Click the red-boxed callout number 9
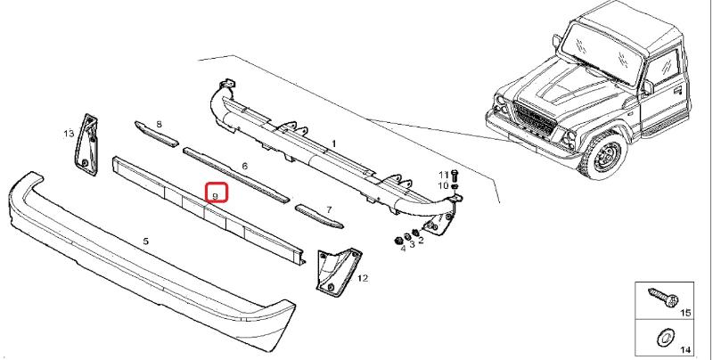(216, 196)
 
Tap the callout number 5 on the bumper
(145, 241)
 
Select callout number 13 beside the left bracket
(69, 134)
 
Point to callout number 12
(363, 278)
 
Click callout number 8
(159, 124)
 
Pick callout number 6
(244, 167)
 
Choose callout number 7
(329, 210)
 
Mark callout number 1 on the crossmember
(333, 143)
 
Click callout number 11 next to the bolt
(443, 175)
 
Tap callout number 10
(443, 185)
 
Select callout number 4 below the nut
(403, 249)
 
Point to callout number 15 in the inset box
(685, 313)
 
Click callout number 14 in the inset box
(685, 349)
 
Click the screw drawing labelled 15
(663, 298)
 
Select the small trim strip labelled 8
(156, 134)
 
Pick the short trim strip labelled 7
(319, 216)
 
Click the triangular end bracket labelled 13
(86, 144)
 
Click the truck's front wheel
(605, 153)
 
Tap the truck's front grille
(534, 119)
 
